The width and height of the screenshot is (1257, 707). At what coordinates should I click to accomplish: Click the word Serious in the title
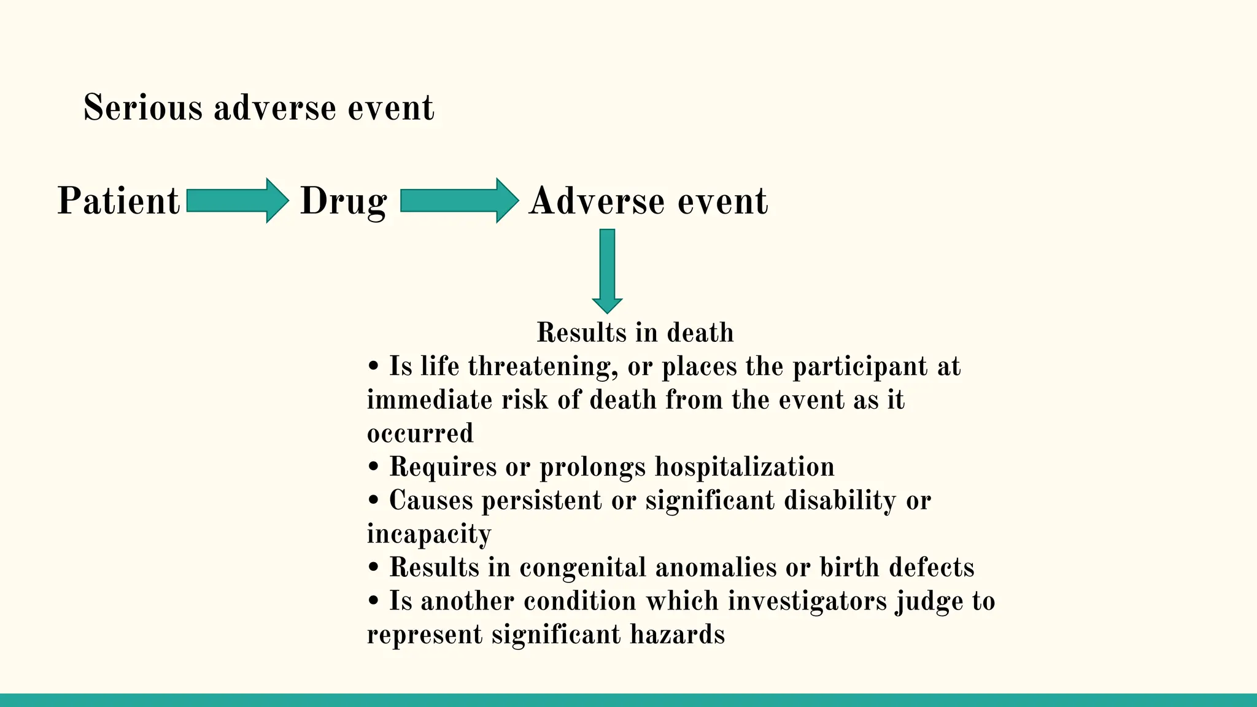pos(142,108)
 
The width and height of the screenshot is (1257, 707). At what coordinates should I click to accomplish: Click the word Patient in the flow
pos(118,201)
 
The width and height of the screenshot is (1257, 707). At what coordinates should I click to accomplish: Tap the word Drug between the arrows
pos(343,201)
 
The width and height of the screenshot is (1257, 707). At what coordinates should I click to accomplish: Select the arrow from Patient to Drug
pos(236,201)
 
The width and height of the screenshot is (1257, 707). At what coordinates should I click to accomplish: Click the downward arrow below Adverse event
pos(607,270)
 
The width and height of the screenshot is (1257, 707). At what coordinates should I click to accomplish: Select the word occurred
pos(420,433)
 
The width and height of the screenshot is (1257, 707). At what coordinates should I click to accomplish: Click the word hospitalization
pos(745,467)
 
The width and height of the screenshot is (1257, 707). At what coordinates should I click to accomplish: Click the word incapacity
pos(428,534)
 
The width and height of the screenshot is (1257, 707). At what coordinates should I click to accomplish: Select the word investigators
pos(808,601)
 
